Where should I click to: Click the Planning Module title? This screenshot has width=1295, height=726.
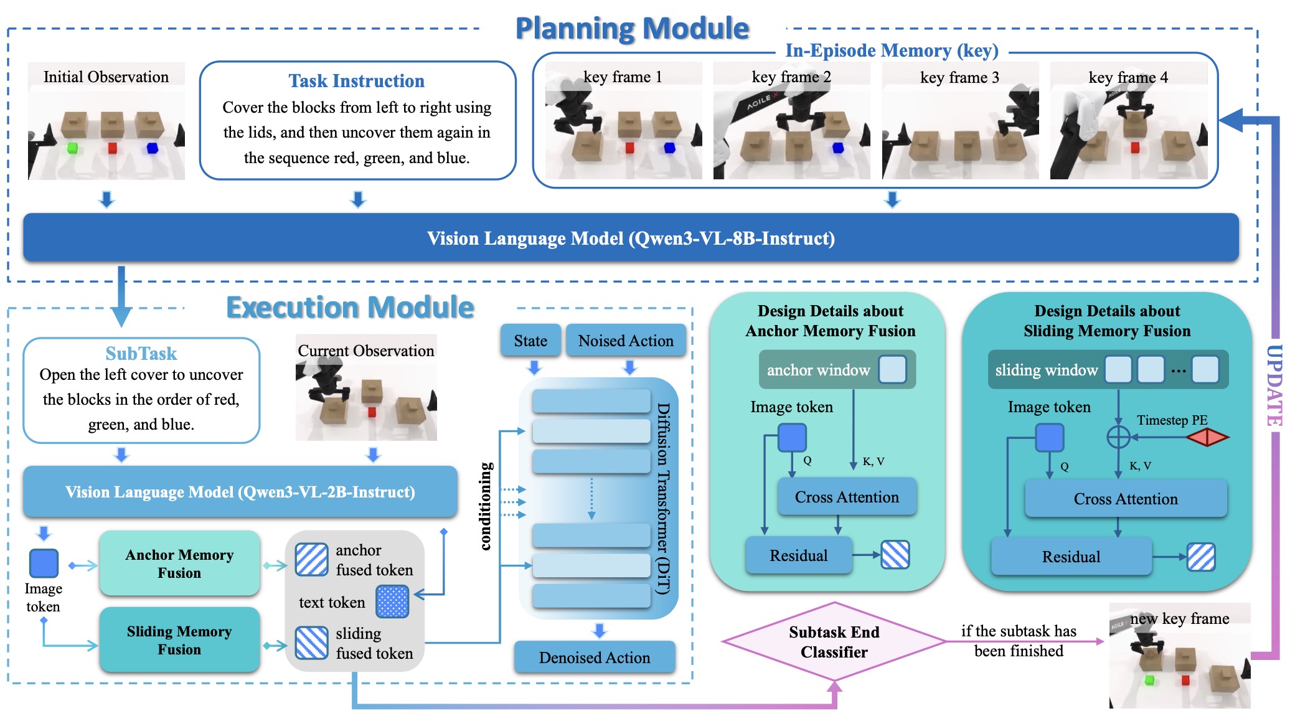pyautogui.click(x=632, y=29)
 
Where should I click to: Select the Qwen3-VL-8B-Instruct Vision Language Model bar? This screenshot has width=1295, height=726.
pyautogui.click(x=631, y=238)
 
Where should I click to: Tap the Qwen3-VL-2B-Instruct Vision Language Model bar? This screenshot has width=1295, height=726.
pyautogui.click(x=240, y=492)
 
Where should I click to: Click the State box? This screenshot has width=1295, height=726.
pyautogui.click(x=530, y=341)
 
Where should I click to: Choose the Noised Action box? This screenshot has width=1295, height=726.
pyautogui.click(x=626, y=341)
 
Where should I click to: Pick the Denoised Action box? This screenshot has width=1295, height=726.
pyautogui.click(x=595, y=658)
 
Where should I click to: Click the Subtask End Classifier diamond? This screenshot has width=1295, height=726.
pyautogui.click(x=834, y=642)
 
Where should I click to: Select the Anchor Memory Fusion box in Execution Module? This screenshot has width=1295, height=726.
pyautogui.click(x=179, y=563)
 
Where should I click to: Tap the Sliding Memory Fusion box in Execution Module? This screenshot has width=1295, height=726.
pyautogui.click(x=179, y=640)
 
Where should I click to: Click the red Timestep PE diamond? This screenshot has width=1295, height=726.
pyautogui.click(x=1207, y=437)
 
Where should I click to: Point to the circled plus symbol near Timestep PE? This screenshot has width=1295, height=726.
pyautogui.click(x=1118, y=437)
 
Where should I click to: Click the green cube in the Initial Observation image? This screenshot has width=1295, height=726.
pyautogui.click(x=72, y=148)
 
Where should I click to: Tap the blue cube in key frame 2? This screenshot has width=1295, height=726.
pyautogui.click(x=838, y=148)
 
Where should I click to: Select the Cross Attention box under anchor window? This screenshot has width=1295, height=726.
pyautogui.click(x=847, y=497)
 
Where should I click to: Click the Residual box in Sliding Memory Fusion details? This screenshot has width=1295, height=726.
pyautogui.click(x=1071, y=557)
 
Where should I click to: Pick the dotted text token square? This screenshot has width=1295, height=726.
pyautogui.click(x=392, y=601)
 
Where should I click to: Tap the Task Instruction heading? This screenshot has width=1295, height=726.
pyautogui.click(x=357, y=81)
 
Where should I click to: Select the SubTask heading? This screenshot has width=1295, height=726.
pyautogui.click(x=141, y=354)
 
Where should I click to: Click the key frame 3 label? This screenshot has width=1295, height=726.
pyautogui.click(x=959, y=77)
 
